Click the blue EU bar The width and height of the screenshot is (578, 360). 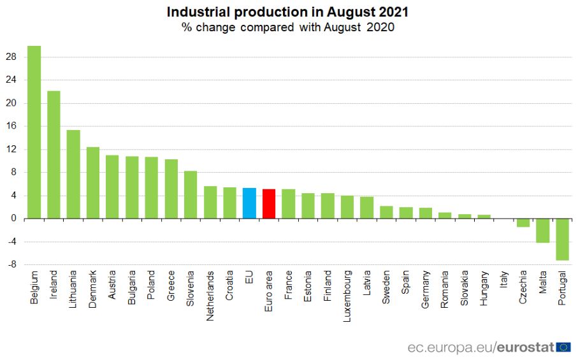point(249,203)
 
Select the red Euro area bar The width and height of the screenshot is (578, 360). point(269,204)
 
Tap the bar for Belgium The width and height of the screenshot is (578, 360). point(34,132)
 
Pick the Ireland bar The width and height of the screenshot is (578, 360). point(54,155)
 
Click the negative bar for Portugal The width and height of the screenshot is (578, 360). point(562,240)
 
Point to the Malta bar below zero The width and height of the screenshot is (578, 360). point(542,231)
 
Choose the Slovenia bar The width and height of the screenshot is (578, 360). point(191,195)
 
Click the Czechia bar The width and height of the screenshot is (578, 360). point(523,223)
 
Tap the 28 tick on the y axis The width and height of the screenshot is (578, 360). point(12,57)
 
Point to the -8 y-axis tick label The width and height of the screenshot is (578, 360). point(12,265)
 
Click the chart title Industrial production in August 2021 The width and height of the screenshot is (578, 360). point(287,12)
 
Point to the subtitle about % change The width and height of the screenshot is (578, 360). point(287,27)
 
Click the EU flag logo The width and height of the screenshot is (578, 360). point(563,347)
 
